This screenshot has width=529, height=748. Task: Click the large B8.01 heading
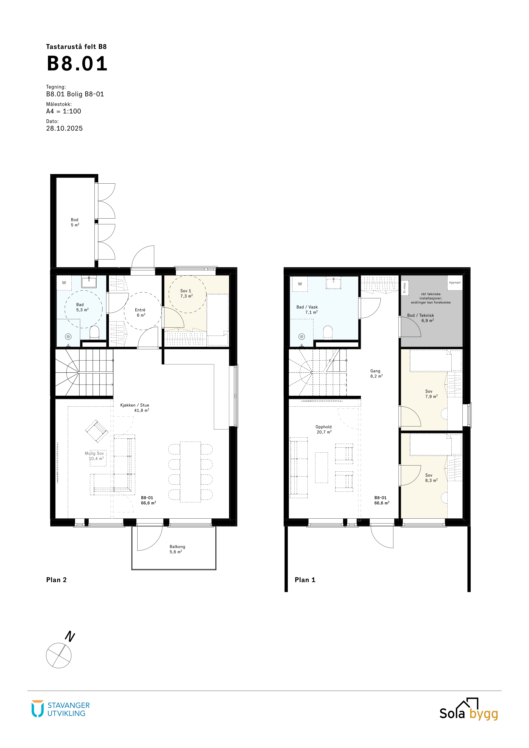coord(77,64)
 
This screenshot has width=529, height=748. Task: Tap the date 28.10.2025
coord(64,128)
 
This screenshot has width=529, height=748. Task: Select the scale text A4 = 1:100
coord(64,111)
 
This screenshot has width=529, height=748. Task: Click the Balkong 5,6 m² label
coord(177,549)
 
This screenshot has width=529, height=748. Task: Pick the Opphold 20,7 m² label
coord(324,429)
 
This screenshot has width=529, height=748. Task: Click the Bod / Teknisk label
coord(420,315)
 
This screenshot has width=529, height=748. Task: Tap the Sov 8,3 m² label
coord(431,478)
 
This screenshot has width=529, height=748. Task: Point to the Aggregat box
coord(455,283)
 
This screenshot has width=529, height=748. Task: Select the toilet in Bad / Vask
coord(328,333)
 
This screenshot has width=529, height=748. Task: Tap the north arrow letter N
coord(70,636)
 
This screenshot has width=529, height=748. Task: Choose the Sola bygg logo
coord(469,709)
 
